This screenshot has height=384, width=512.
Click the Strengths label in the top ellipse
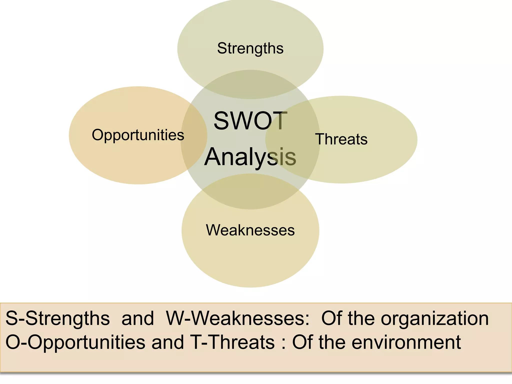pos(250,48)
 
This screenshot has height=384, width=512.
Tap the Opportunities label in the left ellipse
pos(138,135)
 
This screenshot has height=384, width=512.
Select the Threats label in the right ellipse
pos(341,139)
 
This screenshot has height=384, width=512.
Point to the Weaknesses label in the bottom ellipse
pos(250,230)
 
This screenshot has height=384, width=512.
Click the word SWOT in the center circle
pos(250,121)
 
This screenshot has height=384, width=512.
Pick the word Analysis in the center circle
pos(250,157)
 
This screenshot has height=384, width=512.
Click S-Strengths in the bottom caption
pos(57,318)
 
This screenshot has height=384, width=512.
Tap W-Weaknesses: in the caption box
pos(238,318)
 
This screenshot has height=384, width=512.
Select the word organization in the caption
pos(435,318)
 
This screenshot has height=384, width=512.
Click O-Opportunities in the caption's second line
pos(75,342)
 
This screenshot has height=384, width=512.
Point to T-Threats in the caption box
pos(232,342)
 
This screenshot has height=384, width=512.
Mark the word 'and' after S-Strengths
pos(138,318)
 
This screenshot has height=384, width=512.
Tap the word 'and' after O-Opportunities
pos(168,342)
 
